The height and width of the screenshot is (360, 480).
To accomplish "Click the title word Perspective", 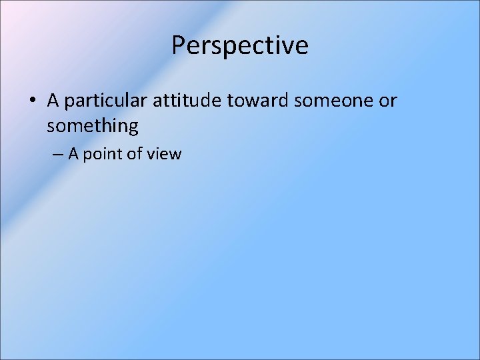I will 240,45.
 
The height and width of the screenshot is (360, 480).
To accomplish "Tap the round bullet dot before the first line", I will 32,101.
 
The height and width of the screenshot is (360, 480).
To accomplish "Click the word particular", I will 107,101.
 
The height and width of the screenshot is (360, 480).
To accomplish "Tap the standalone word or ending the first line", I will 387,101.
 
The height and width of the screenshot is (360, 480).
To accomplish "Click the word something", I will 93,125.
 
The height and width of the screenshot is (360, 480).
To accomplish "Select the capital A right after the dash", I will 74,154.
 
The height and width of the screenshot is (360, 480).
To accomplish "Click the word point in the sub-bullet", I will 103,155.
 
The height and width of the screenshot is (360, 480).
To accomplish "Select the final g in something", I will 133,127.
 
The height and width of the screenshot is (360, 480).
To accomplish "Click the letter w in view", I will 175,155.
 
